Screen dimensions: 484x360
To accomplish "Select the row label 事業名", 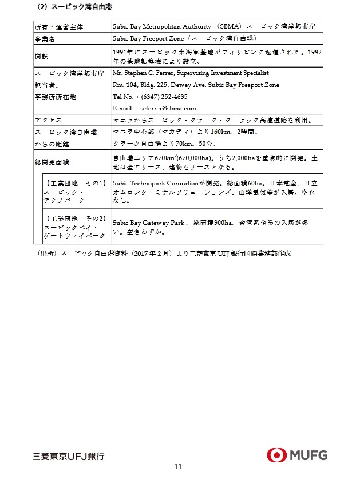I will [x=44, y=38].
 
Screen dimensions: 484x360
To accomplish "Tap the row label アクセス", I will [x=48, y=120].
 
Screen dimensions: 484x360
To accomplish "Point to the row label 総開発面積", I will [x=52, y=162].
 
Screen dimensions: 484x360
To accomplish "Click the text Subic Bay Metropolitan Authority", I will [x=158, y=27].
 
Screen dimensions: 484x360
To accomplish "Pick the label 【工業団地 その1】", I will [x=75, y=183].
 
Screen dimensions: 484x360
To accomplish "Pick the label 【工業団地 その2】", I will [x=75, y=219].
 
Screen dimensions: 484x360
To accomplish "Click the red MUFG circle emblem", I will [x=276, y=455].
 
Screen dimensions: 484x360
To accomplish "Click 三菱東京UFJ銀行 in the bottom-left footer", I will [x=69, y=456].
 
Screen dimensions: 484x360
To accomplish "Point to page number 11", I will [x=178, y=467].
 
